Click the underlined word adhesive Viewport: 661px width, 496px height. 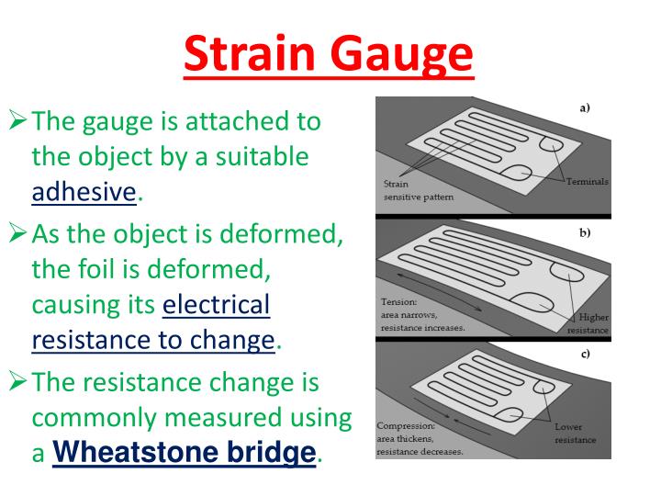(84, 192)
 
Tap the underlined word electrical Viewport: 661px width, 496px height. (216, 304)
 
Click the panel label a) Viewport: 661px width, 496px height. (584, 107)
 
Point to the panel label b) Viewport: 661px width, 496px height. (584, 232)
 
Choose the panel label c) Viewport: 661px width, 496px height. (584, 354)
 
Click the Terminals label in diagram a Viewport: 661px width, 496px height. (587, 181)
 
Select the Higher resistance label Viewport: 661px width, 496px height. (587, 321)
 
